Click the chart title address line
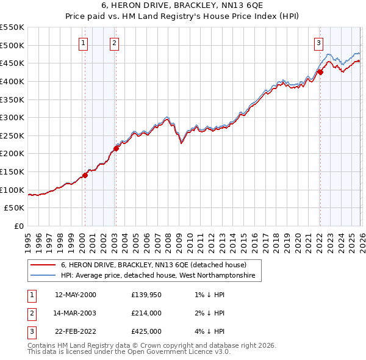(x=182, y=5)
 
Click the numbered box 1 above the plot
(x=82, y=43)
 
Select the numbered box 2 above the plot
(x=115, y=43)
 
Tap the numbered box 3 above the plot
(x=318, y=43)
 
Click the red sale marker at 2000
(x=85, y=175)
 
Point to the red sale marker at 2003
(x=116, y=148)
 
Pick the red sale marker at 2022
(x=320, y=72)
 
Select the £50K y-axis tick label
(x=15, y=208)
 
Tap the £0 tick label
(x=20, y=226)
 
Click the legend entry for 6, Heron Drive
(x=152, y=265)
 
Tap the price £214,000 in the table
(x=146, y=313)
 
